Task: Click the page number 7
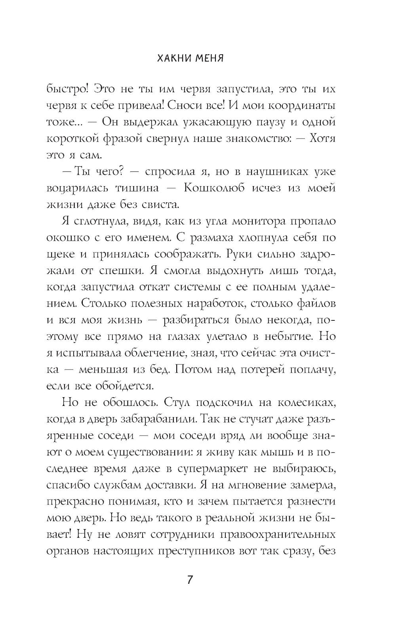click(x=190, y=580)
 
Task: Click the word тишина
click(x=141, y=188)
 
